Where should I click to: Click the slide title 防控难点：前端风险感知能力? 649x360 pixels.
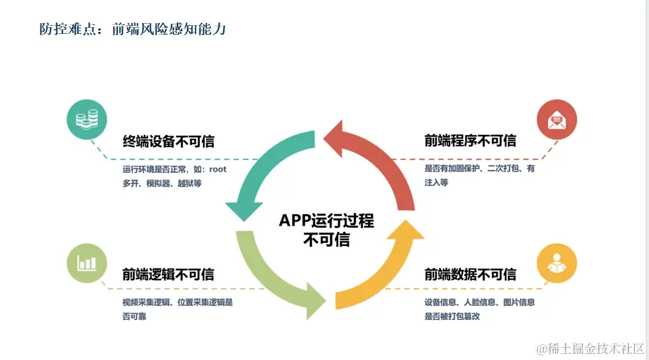coord(132,30)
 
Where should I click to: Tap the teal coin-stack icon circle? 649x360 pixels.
coord(87,119)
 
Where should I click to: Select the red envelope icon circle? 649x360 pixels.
coord(557,120)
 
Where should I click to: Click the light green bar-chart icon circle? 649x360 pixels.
coord(87,262)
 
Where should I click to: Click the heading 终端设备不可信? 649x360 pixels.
coord(168,141)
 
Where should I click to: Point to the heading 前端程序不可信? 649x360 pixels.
coord(470,141)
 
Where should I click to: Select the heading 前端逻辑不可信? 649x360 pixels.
coord(168,275)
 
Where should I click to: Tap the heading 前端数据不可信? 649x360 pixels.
coord(470,275)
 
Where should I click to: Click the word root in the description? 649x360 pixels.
coord(218,169)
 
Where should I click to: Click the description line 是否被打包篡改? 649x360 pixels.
coord(452,316)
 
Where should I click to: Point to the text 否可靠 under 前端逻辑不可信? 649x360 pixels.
coord(136,316)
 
